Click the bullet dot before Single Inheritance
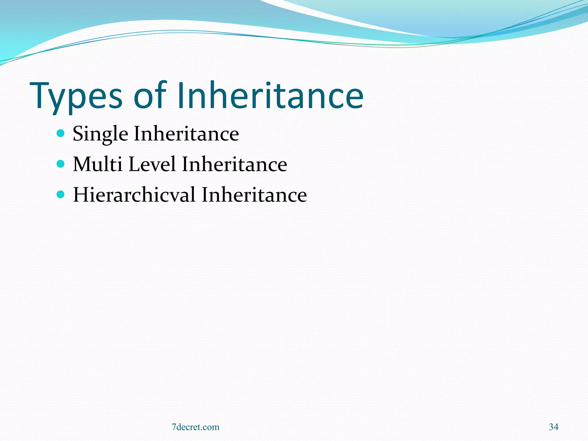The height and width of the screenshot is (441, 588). click(x=61, y=133)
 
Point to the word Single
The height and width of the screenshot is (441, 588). click(x=100, y=134)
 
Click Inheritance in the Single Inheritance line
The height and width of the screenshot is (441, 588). click(x=186, y=134)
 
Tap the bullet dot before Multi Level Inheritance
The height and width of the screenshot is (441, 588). click(x=61, y=164)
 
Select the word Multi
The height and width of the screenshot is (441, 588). click(x=98, y=164)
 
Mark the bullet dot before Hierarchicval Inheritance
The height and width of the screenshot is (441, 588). click(x=61, y=195)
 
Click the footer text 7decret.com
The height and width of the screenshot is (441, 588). click(x=196, y=427)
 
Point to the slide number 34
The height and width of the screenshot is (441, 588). click(x=554, y=427)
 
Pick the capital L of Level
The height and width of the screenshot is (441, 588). click(x=133, y=164)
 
